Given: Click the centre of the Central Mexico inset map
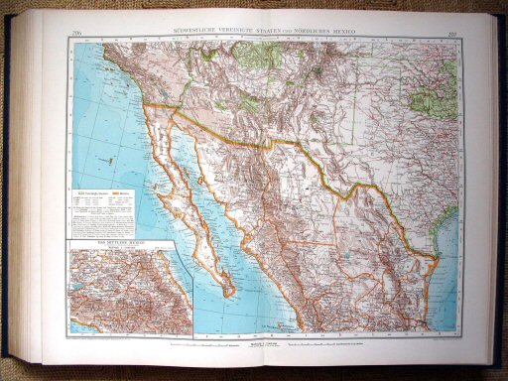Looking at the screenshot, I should point(130,288).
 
